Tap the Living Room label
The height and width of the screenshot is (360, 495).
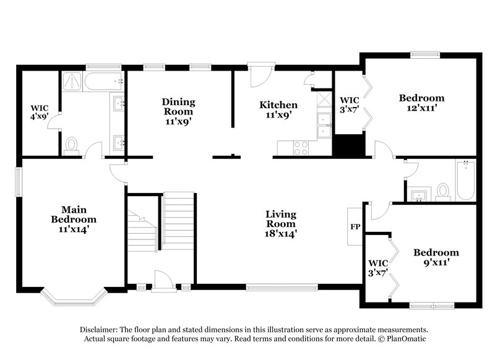(x=281, y=224)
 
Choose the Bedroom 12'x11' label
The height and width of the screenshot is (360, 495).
(x=421, y=103)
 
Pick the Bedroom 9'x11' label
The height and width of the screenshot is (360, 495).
(x=436, y=257)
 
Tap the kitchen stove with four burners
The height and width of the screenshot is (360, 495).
(x=301, y=148)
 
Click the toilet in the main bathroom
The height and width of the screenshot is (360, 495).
(x=72, y=145)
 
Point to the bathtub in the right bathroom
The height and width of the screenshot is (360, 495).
(x=465, y=180)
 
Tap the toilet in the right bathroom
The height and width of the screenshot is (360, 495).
(x=443, y=191)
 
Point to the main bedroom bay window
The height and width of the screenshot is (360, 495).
(x=74, y=300)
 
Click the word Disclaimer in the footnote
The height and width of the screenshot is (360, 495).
(x=100, y=330)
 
